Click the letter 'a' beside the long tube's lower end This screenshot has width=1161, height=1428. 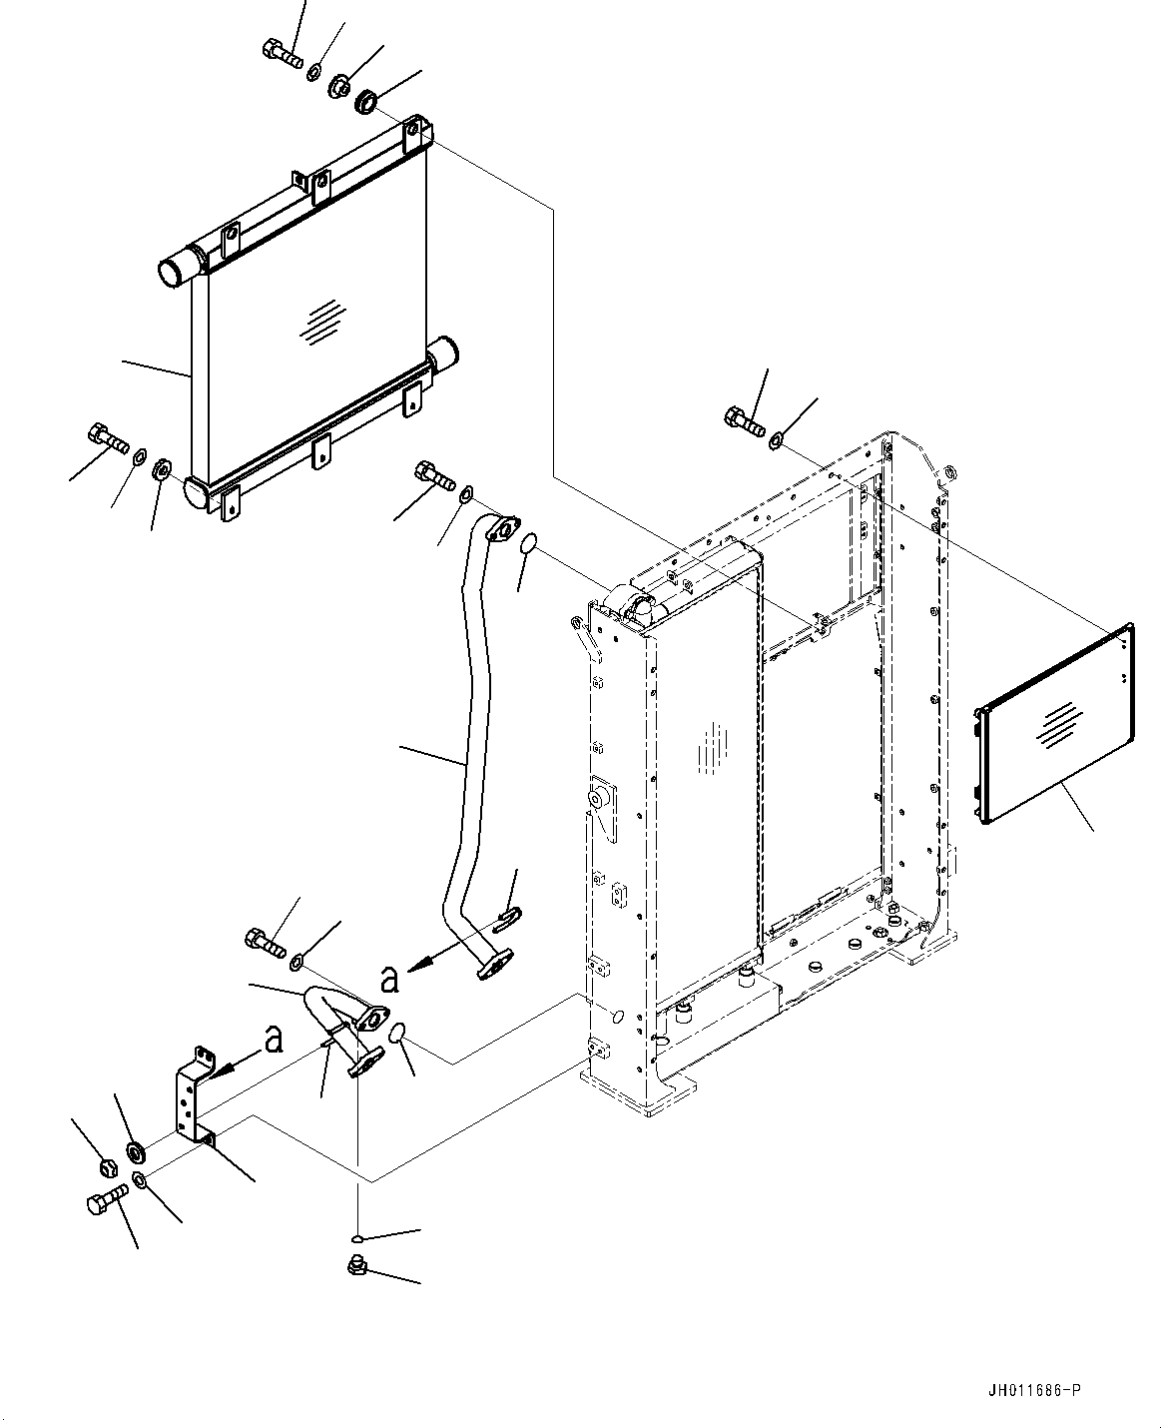pos(390,978)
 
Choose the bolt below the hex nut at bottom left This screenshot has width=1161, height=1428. pos(107,1203)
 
